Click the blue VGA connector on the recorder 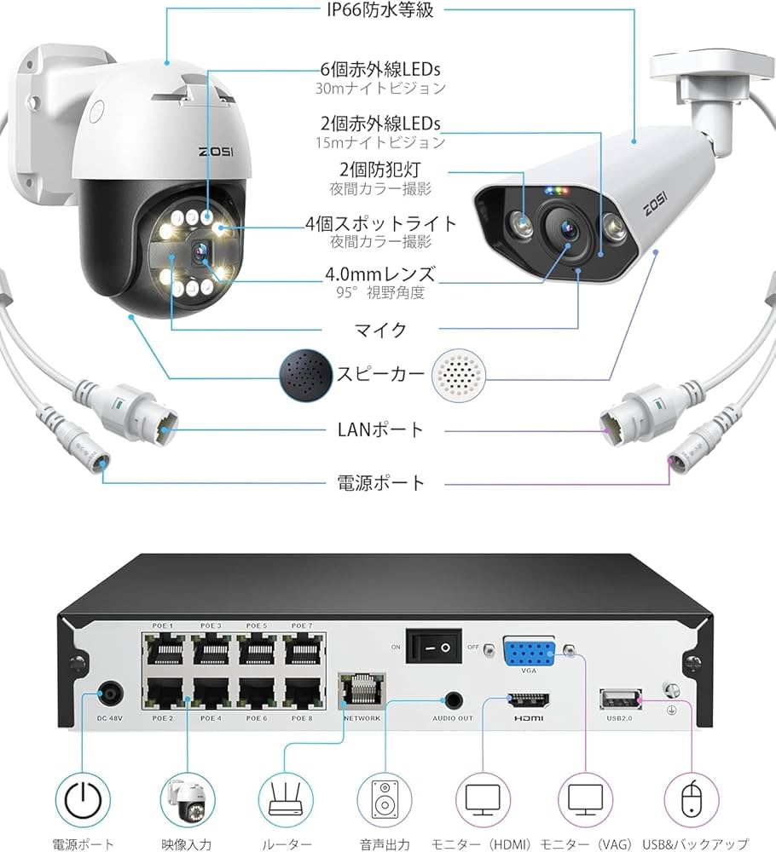pos(529,654)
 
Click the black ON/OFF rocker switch pos(433,647)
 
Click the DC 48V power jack pos(109,694)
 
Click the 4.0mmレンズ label pos(379,274)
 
